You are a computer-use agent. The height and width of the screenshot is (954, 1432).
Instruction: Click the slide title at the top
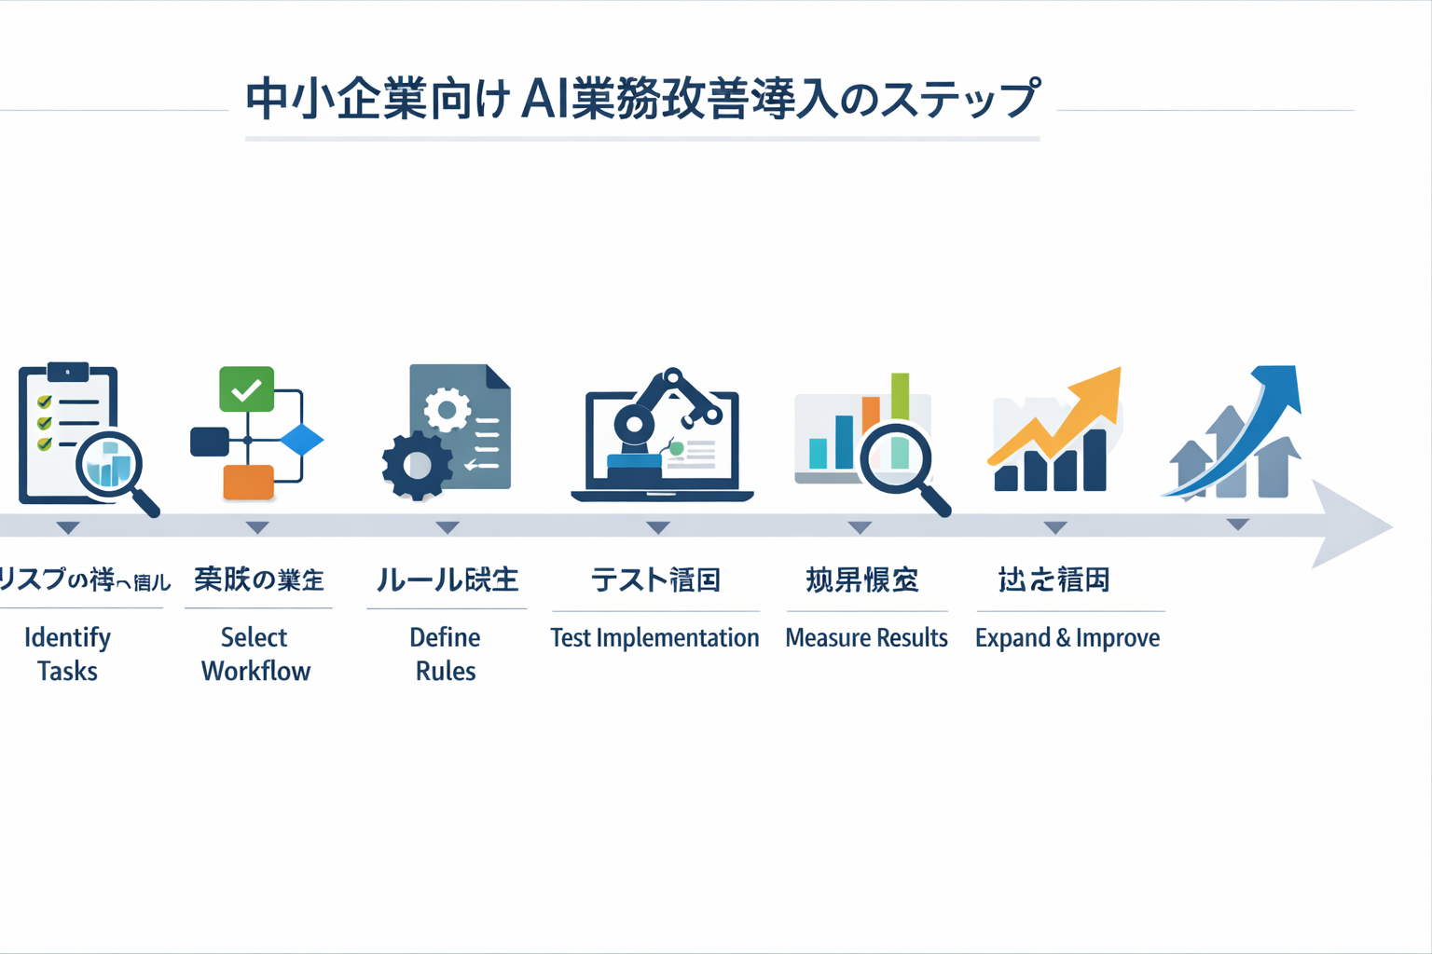click(642, 100)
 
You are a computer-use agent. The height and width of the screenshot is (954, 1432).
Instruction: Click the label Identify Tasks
click(67, 654)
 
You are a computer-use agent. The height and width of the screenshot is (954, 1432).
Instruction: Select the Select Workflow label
click(255, 654)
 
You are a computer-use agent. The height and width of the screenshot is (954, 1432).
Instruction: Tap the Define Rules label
click(446, 654)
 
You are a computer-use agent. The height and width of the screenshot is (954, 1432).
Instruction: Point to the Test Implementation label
click(654, 638)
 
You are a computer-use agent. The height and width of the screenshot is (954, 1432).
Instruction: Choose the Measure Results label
click(866, 638)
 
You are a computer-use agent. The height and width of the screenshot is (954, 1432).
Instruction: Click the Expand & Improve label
click(1067, 638)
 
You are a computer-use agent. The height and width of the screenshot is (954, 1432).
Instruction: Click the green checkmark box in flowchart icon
click(246, 389)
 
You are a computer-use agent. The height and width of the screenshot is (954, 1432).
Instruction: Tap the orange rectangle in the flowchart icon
click(248, 482)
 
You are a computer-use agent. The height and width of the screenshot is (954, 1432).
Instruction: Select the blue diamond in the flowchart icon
click(301, 440)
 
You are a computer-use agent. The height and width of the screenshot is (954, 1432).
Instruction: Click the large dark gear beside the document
click(416, 465)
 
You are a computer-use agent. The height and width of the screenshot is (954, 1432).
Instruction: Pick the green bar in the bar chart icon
click(900, 396)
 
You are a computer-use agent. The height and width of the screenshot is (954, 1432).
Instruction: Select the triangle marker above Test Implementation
click(658, 528)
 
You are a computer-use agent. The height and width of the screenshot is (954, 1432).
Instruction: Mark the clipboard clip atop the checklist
click(67, 373)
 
